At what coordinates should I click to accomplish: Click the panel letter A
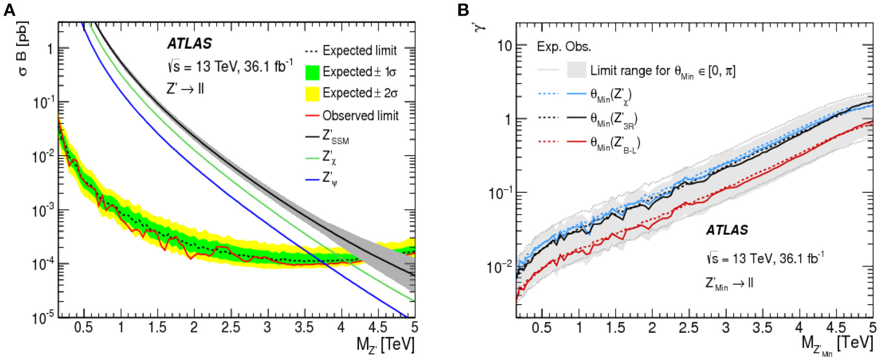[x=9, y=9]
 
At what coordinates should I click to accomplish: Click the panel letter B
[x=464, y=9]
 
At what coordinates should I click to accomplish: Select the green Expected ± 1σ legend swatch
[x=312, y=72]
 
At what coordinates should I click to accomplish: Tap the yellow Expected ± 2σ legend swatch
[x=312, y=94]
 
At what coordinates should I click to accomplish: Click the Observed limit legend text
[x=360, y=115]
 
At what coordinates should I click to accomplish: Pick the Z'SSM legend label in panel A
[x=335, y=137]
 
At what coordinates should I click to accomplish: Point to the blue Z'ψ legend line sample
[x=312, y=180]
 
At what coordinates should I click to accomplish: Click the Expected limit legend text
[x=360, y=51]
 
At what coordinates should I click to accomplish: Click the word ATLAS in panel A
[x=190, y=44]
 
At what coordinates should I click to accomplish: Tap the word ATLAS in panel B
[x=726, y=230]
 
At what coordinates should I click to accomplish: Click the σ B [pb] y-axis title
[x=23, y=48]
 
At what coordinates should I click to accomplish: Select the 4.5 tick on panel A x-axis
[x=377, y=328]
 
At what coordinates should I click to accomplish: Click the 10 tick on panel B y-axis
[x=504, y=45]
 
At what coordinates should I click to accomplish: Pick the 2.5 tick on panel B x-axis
[x=689, y=328]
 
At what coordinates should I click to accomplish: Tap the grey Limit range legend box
[x=576, y=71]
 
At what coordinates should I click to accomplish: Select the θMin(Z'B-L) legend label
[x=615, y=143]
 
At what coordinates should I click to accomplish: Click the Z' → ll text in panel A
[x=186, y=89]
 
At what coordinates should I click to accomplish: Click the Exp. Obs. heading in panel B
[x=564, y=47]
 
